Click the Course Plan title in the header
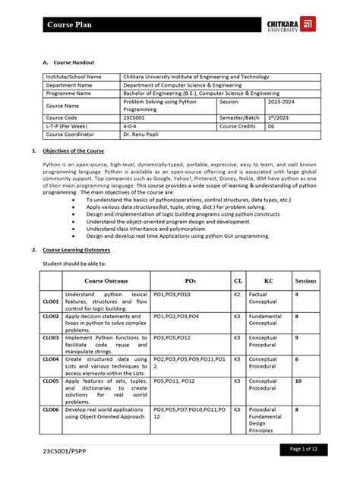[x=70, y=25]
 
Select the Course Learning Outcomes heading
[x=76, y=249]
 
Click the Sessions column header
[x=305, y=280]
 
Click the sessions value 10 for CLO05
[x=298, y=381]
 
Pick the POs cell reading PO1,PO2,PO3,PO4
[x=176, y=315]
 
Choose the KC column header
[x=268, y=280]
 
